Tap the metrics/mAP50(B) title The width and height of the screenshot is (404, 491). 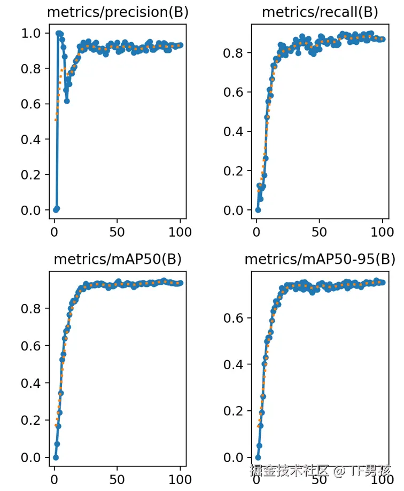pyautogui.click(x=118, y=260)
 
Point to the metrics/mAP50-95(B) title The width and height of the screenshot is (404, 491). pyautogui.click(x=320, y=260)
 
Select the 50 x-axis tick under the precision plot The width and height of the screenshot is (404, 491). pyautogui.click(x=117, y=232)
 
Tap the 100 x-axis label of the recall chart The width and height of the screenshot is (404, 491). pyautogui.click(x=382, y=232)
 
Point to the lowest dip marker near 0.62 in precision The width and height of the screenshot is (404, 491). pyautogui.click(x=67, y=101)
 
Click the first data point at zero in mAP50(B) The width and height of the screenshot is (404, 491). pyautogui.click(x=56, y=457)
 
